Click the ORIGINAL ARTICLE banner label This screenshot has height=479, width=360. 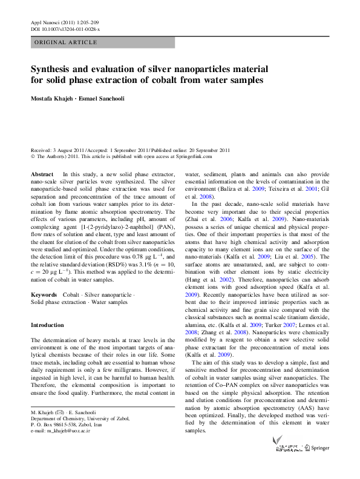point(66,42)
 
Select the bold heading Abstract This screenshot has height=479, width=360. point(42,174)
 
